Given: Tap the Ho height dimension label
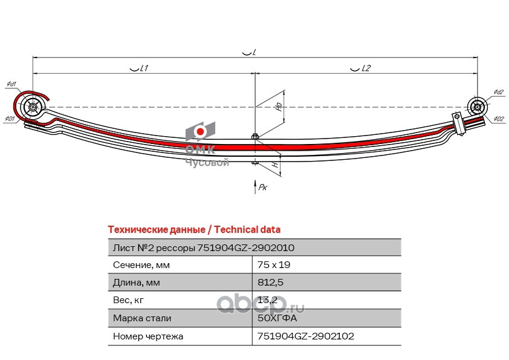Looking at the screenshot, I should tap(278, 106).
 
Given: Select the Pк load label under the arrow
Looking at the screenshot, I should tap(262, 188).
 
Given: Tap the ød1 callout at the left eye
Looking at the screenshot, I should tap(11, 84).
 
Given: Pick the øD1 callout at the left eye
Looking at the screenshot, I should tap(10, 119).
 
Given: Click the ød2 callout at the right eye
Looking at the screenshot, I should tap(498, 92).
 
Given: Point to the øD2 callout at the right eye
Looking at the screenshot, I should tap(498, 119).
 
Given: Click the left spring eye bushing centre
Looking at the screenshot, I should tap(33, 108).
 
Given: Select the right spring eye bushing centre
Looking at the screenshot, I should tap(477, 108).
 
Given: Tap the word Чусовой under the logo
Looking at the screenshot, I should tap(206, 163).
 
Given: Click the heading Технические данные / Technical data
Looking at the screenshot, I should tap(193, 230).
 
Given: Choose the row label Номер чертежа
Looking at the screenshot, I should tap(148, 335).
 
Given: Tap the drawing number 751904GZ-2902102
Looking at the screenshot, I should tap(305, 335).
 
